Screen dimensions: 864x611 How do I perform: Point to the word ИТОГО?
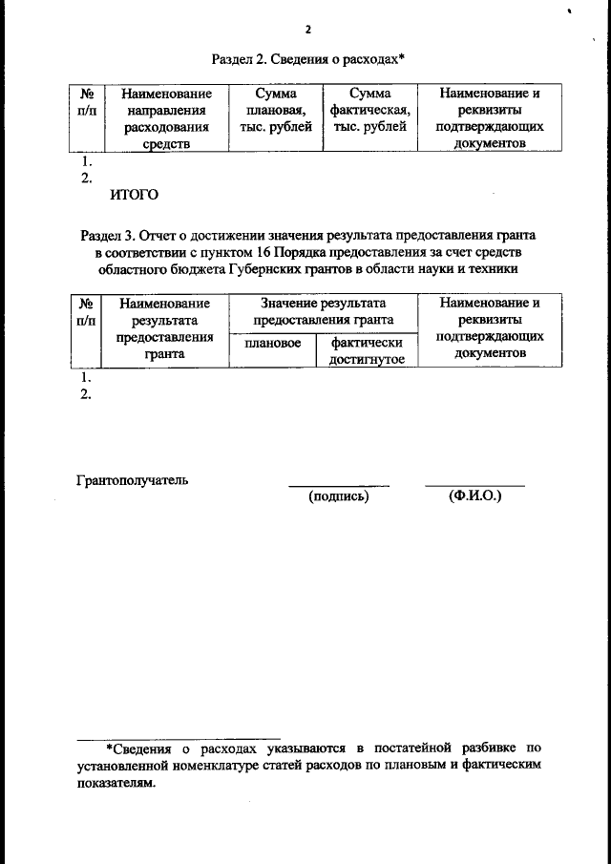134,196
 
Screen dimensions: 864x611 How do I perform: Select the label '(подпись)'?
339,496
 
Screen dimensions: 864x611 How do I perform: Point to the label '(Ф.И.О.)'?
474,496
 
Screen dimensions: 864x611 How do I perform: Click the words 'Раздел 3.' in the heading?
109,234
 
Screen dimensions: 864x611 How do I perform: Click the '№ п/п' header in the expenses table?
86,102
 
